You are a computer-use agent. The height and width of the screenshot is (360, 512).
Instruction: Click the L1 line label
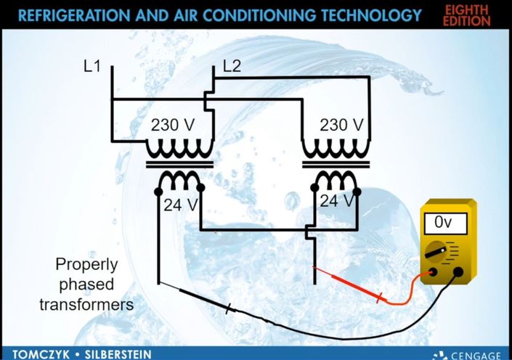(92, 67)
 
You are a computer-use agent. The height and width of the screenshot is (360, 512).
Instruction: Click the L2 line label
(232, 67)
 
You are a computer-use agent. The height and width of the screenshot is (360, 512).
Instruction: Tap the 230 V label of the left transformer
(173, 125)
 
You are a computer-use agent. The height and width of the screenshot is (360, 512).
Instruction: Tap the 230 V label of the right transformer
(341, 125)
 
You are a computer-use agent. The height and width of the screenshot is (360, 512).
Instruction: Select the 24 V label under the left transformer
(181, 205)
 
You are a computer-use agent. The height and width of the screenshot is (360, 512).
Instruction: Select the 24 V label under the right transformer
(337, 201)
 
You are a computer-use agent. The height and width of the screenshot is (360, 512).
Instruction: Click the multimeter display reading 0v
(445, 224)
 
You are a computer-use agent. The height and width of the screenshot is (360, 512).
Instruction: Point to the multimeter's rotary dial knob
(436, 253)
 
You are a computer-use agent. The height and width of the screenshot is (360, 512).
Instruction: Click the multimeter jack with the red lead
(433, 272)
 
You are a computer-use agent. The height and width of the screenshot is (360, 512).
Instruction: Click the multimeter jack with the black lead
(458, 272)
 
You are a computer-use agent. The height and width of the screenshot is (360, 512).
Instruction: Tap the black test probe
(196, 297)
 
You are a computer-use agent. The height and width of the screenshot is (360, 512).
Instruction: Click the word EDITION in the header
(467, 21)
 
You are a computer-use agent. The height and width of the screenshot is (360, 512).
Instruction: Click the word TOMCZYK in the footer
(41, 355)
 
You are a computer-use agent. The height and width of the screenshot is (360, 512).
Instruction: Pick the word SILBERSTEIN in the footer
(118, 355)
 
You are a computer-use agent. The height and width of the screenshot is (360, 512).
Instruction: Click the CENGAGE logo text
(476, 356)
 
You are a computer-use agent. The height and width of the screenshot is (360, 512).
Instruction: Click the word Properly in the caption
(86, 264)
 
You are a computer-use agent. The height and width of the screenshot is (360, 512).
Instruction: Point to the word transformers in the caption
(86, 305)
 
